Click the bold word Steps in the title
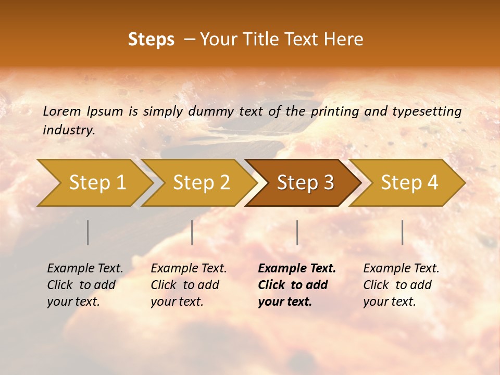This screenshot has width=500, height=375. tap(151, 40)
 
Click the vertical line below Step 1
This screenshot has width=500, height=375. tap(88, 232)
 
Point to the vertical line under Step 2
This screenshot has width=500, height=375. tap(192, 232)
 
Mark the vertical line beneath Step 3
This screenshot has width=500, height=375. tap(297, 232)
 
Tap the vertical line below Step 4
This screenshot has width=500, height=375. tap(402, 232)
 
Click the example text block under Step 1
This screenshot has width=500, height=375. tap(85, 285)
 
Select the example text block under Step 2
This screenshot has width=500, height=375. tap(189, 285)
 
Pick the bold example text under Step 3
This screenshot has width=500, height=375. tap(297, 285)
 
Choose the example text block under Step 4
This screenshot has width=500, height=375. tap(401, 285)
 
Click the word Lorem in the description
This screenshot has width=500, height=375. tap(62, 111)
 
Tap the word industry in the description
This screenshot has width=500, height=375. tap(69, 130)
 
